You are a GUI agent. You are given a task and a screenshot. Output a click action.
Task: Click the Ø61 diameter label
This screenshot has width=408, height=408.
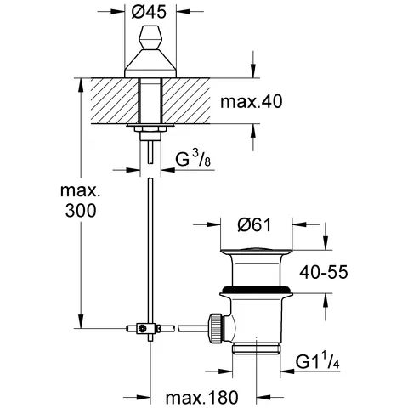click(x=255, y=225)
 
